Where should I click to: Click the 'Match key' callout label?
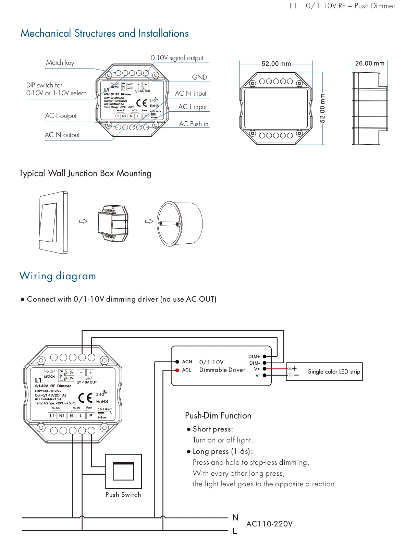60,63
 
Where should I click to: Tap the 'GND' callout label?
199,77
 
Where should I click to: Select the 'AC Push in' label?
194,124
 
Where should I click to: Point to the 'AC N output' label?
62,135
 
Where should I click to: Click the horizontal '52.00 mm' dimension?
276,64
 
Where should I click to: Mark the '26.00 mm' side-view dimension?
370,63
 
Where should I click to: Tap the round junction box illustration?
180,223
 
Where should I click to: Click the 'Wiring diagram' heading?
58,276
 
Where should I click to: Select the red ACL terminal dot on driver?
177,370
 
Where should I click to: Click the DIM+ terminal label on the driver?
254,357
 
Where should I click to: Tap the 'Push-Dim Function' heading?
218,416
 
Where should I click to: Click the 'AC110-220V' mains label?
269,524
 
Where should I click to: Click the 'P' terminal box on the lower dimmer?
91,416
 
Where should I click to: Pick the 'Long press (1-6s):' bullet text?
223,451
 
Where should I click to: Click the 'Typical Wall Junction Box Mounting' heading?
85,173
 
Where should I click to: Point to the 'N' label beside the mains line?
235,517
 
